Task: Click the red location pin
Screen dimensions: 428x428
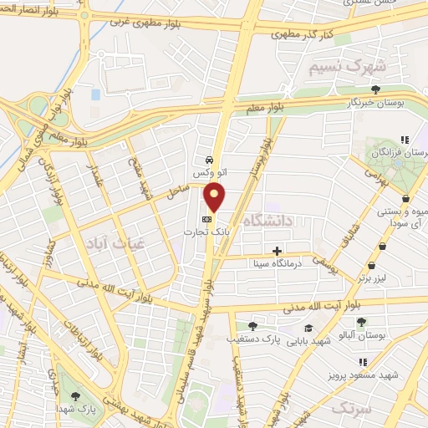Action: tap(216, 197)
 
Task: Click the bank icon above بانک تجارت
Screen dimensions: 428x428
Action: tap(206, 219)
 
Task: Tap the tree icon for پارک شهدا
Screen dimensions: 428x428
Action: tap(76, 396)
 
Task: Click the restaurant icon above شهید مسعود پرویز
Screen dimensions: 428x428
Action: tap(363, 362)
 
